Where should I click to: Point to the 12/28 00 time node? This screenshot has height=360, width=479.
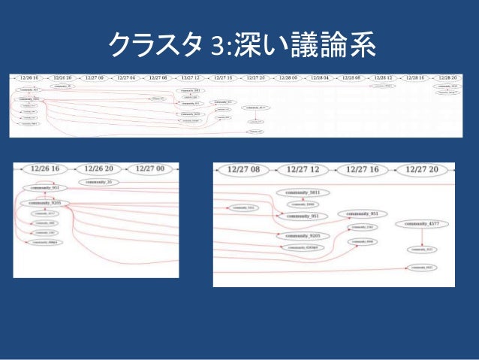point(288,77)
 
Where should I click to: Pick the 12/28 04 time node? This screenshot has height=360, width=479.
point(321,77)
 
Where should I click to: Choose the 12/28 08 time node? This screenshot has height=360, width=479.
point(353,77)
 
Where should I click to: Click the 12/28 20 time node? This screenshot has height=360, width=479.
point(447,77)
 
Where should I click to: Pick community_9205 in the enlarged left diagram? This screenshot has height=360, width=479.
point(45,203)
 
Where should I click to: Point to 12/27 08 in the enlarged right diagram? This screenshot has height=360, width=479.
point(246,169)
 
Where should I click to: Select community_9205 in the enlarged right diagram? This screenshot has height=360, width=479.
point(303,235)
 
